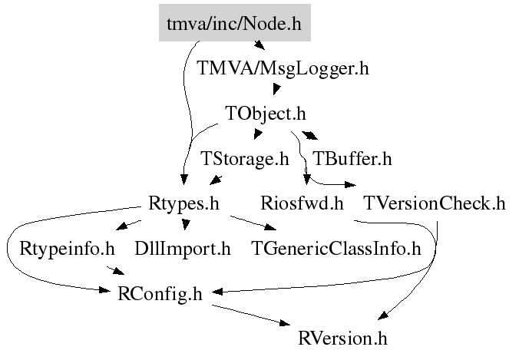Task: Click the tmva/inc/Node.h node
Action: tap(234, 24)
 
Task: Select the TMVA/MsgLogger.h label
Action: tap(283, 68)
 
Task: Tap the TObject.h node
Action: tap(266, 114)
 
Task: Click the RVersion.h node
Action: tap(343, 338)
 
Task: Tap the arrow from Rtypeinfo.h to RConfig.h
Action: tap(116, 270)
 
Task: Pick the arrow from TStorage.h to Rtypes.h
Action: tap(216, 180)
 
